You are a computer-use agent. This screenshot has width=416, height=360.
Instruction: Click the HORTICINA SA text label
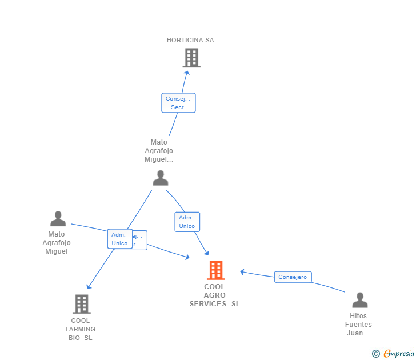[190, 40]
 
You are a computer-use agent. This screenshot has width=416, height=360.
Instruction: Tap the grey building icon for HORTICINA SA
[191, 58]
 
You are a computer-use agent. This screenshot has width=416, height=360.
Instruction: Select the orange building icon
[215, 270]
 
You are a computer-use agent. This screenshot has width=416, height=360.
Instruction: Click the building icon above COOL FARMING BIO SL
[82, 304]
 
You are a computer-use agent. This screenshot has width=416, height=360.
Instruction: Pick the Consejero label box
[293, 277]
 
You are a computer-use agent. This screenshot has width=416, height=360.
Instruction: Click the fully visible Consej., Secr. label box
[178, 103]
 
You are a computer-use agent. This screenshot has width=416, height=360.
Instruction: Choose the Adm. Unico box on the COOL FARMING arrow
[119, 239]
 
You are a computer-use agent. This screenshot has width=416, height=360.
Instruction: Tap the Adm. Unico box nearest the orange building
[187, 222]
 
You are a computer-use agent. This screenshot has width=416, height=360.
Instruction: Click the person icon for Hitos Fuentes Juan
[359, 301]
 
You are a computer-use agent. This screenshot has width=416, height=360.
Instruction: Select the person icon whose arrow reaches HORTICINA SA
[161, 178]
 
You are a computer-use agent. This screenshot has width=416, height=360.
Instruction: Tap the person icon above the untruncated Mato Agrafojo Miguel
[58, 219]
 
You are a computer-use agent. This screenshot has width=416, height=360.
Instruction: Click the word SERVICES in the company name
[208, 304]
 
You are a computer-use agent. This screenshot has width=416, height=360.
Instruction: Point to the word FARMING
[81, 329]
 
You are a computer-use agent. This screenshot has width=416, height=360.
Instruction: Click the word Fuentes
[358, 325]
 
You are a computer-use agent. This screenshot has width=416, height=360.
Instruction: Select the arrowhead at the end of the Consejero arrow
[242, 271]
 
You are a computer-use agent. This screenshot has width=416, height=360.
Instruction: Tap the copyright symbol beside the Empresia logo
[375, 354]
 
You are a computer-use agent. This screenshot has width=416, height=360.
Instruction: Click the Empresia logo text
[399, 354]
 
